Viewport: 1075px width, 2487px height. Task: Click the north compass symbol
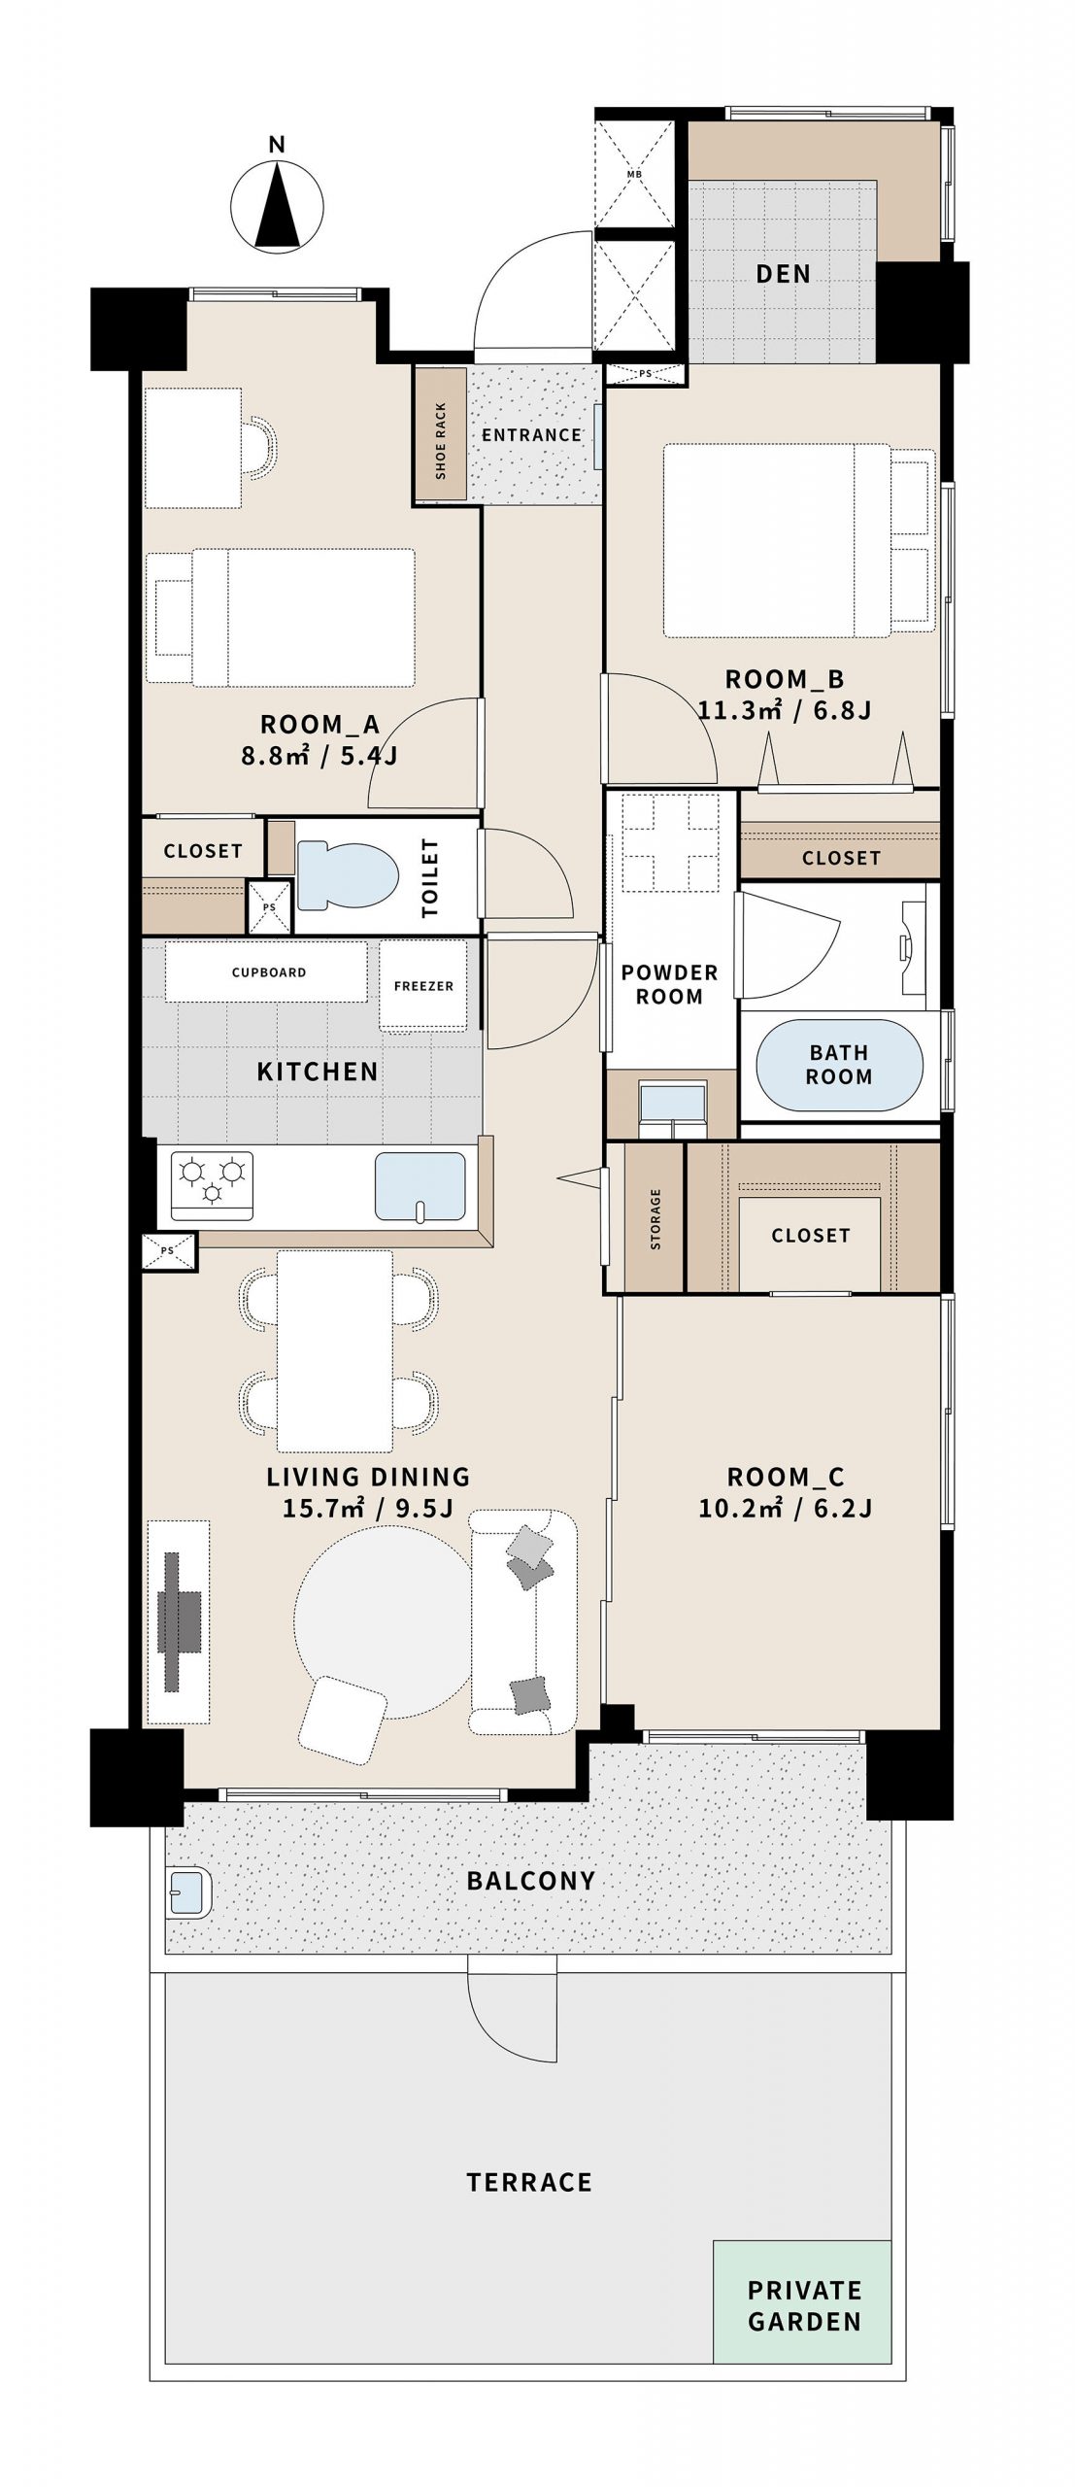[277, 205]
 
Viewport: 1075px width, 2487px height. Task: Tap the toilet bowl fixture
[348, 873]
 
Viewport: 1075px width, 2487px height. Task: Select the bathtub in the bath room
[839, 1065]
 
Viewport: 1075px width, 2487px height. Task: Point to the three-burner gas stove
[212, 1185]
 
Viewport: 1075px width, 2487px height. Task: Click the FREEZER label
[423, 985]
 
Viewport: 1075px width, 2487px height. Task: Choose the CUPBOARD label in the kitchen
[269, 972]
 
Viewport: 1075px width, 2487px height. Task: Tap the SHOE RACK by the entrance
[441, 435]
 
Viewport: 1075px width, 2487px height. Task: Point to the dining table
[335, 1351]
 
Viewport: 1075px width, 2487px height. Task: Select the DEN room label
[784, 274]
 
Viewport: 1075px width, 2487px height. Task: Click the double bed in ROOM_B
[777, 541]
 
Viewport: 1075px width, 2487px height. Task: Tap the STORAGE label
[655, 1219]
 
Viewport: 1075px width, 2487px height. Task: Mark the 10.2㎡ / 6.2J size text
[785, 1508]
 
